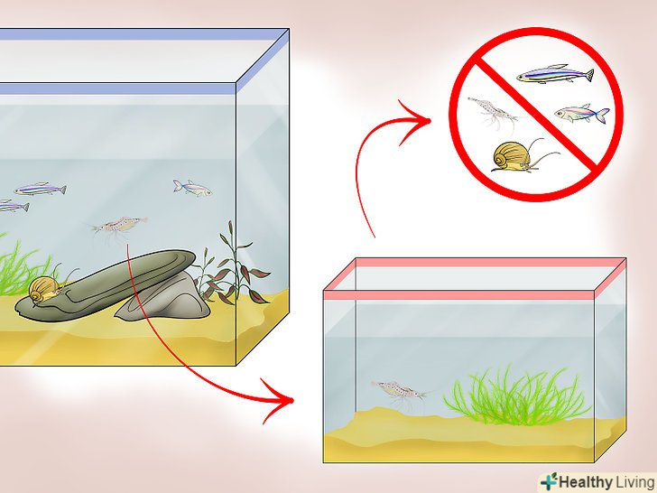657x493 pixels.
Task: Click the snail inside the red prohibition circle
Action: [x=514, y=157]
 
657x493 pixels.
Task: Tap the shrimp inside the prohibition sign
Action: [x=490, y=110]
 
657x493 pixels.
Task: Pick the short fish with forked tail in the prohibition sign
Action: [x=581, y=114]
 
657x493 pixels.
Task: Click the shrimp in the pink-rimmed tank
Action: [x=398, y=391]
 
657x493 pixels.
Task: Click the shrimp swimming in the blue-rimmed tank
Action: [x=119, y=227]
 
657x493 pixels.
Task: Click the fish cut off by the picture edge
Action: [x=14, y=206]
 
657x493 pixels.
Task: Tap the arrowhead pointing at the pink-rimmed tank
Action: [x=279, y=400]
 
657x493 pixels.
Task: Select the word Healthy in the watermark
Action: [x=585, y=482]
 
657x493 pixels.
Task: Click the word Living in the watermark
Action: [x=634, y=482]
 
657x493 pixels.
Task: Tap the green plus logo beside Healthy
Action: [x=548, y=481]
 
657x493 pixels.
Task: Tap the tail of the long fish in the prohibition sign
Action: [x=588, y=75]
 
